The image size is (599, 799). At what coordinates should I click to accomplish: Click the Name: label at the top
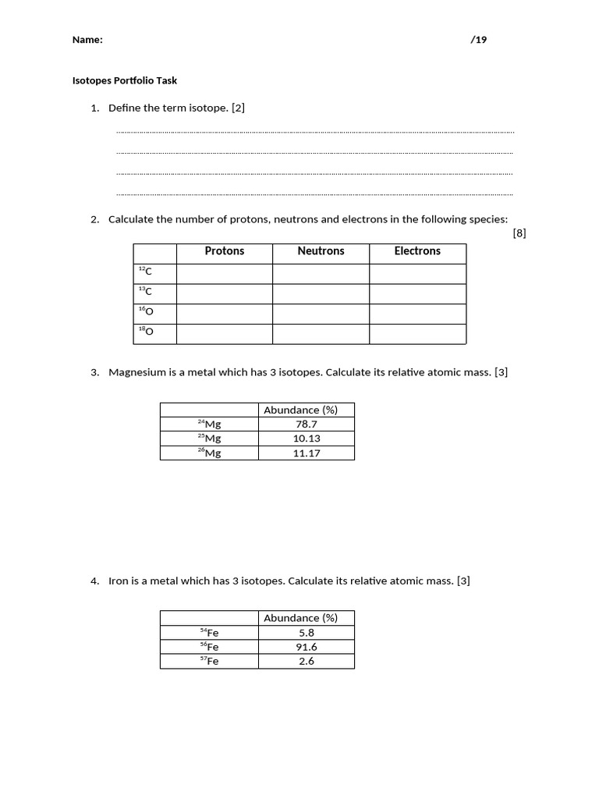tap(87, 40)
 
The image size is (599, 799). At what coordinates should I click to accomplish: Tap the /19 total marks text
tap(478, 40)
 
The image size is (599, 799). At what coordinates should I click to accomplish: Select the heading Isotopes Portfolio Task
tap(125, 80)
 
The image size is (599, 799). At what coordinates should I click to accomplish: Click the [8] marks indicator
tap(519, 233)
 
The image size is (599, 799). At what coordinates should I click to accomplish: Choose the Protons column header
tap(225, 251)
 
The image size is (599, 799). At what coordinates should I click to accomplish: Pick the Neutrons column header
tap(321, 251)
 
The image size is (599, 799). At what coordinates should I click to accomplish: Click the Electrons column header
tap(417, 251)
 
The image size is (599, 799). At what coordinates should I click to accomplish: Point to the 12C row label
tap(145, 272)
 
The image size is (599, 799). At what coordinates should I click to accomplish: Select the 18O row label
tap(146, 332)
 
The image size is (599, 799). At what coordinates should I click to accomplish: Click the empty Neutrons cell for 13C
tap(321, 293)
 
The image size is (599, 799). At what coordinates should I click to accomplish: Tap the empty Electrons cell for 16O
tap(417, 313)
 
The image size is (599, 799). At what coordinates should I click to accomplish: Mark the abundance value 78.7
tap(307, 424)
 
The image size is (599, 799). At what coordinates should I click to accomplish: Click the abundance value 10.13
tap(307, 439)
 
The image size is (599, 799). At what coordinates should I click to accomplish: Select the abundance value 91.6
tap(307, 647)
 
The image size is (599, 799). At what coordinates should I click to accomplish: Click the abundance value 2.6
tap(307, 661)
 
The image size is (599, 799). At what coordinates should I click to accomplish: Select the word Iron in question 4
tap(118, 581)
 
